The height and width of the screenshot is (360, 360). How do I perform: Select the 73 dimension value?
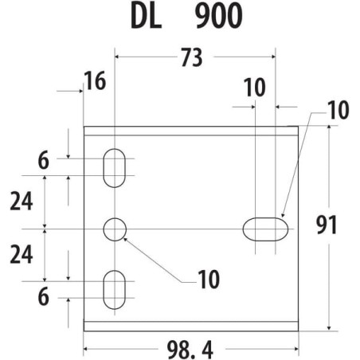[192, 57]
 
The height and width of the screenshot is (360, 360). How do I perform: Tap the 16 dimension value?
[95, 80]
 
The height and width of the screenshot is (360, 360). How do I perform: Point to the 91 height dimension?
[327, 225]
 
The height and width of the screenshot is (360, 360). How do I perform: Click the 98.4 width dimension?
[190, 350]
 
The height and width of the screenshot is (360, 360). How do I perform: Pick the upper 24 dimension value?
[22, 201]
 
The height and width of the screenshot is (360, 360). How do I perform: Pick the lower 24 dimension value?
[22, 254]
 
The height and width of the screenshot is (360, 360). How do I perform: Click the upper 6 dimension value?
[44, 160]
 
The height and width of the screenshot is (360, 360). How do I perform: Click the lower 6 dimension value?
[44, 296]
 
